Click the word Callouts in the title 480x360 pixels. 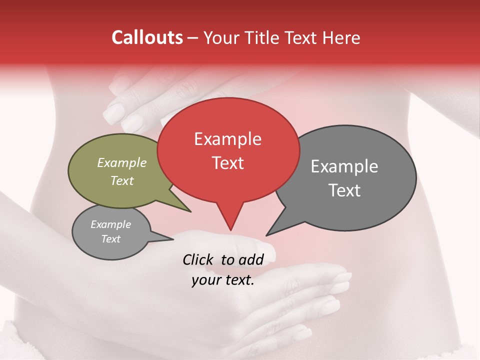[x=147, y=37]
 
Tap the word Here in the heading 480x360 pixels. [x=341, y=37]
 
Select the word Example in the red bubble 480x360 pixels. [x=227, y=139]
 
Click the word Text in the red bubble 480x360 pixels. [x=227, y=163]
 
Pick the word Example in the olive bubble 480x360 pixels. [x=122, y=162]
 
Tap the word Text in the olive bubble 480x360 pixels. [x=122, y=180]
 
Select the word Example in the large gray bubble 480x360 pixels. [x=344, y=166]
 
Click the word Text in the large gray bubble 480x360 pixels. [x=344, y=190]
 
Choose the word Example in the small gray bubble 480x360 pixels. [x=110, y=224]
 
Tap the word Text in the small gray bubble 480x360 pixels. [x=110, y=239]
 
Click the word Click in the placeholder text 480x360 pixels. [x=199, y=259]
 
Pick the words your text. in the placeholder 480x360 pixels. [x=223, y=280]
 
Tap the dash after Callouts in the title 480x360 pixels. [x=193, y=38]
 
